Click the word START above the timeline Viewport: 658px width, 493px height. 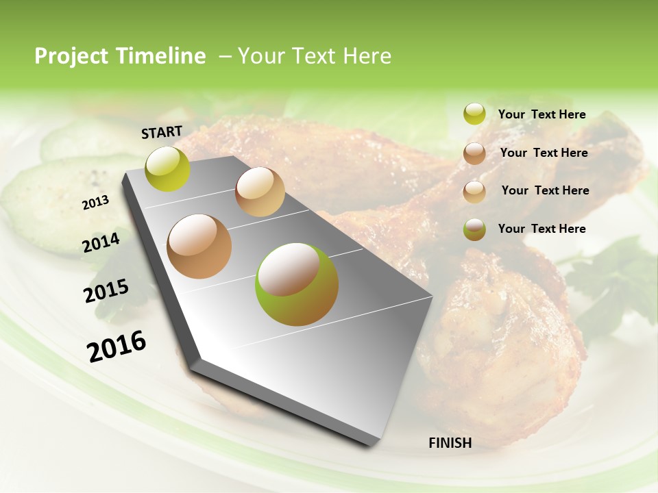click(x=162, y=132)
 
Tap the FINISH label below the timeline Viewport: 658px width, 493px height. click(x=450, y=443)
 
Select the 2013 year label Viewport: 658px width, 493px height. click(x=95, y=203)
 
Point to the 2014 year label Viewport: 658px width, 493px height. click(x=101, y=242)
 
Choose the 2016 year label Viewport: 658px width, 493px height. click(x=117, y=346)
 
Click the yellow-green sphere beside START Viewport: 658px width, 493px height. click(x=168, y=168)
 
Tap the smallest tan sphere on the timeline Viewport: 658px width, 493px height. click(x=260, y=192)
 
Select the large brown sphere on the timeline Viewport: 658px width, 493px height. click(x=199, y=246)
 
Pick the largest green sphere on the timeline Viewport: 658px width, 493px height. click(x=297, y=284)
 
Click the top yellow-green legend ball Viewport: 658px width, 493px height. click(x=474, y=114)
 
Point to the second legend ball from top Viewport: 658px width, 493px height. click(x=474, y=153)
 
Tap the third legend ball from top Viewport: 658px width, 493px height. click(x=474, y=192)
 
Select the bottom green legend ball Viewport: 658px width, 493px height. click(x=474, y=229)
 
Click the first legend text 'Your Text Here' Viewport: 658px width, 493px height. click(x=542, y=114)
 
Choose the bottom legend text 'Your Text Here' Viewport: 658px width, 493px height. click(x=542, y=229)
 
